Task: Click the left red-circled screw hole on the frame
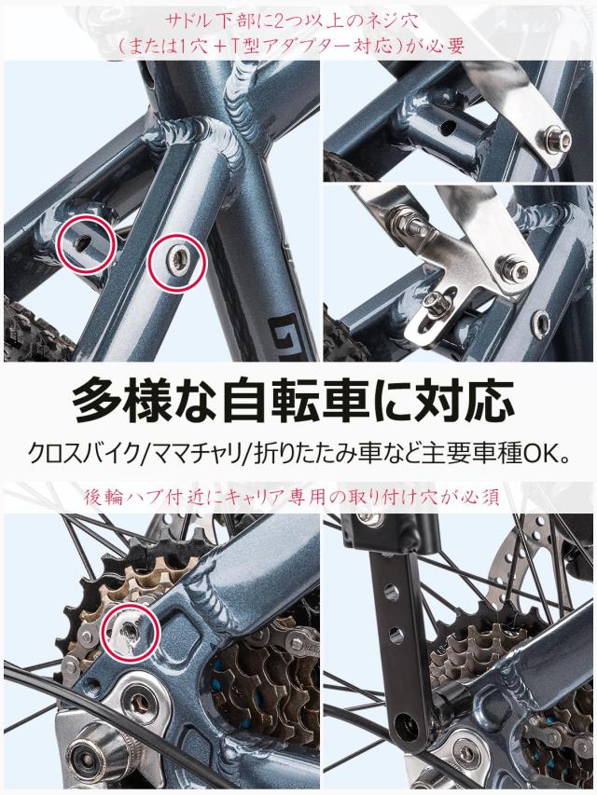(86, 242)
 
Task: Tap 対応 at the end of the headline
(477, 399)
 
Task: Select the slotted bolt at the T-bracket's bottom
(437, 301)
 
